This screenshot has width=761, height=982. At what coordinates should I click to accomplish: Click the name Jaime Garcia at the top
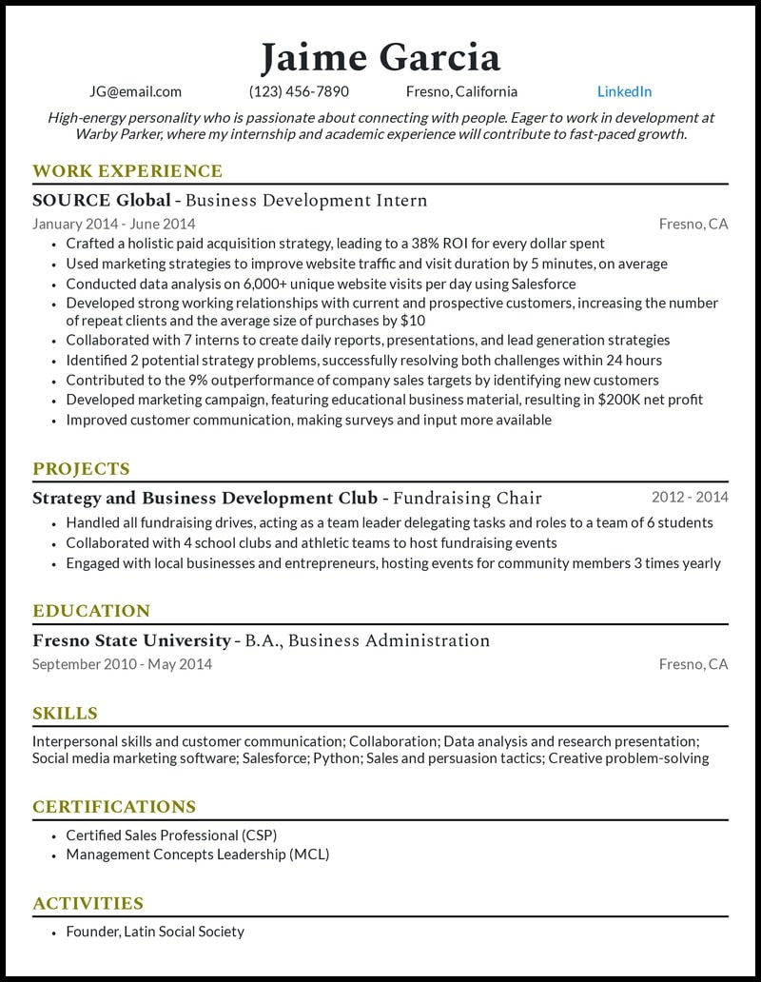[x=380, y=57]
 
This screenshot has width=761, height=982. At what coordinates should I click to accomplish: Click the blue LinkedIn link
[x=624, y=92]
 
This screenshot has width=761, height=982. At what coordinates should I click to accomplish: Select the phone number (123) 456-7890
[x=299, y=92]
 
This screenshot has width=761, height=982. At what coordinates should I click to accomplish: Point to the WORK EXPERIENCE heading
[x=127, y=171]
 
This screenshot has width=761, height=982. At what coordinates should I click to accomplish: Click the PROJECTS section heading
[x=81, y=469]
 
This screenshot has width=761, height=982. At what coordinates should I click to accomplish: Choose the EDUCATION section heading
[x=91, y=611]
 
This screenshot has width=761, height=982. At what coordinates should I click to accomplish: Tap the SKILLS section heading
[x=65, y=714]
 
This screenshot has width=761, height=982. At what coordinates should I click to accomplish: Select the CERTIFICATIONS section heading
[x=114, y=807]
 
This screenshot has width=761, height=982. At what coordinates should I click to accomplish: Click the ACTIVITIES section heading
[x=88, y=904]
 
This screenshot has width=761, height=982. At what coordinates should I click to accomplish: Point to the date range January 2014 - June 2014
[x=113, y=225]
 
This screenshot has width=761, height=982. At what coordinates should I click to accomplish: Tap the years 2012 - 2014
[x=690, y=497]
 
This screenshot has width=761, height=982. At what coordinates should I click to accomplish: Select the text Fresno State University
[x=131, y=640]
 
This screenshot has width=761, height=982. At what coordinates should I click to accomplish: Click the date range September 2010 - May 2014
[x=122, y=664]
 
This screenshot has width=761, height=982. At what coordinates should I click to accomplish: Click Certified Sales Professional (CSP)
[x=171, y=835]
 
